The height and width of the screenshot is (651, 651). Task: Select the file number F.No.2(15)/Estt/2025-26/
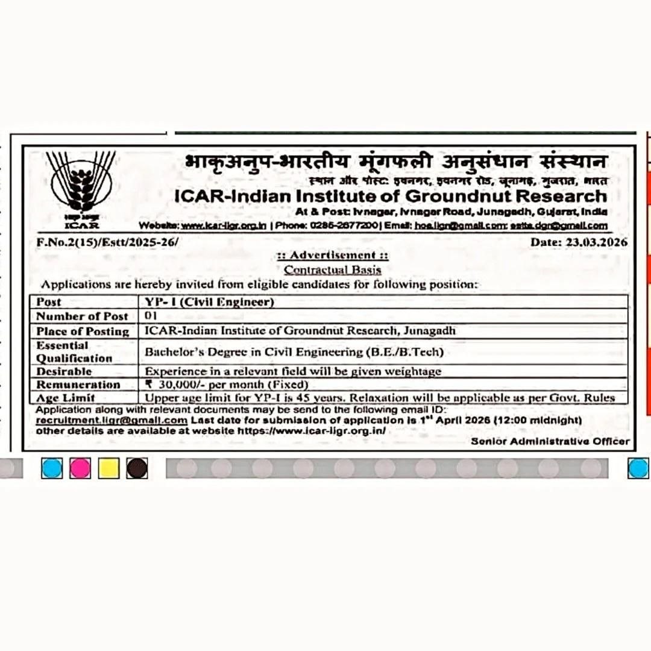pyautogui.click(x=107, y=242)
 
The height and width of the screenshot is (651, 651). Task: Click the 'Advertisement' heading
pyautogui.click(x=333, y=255)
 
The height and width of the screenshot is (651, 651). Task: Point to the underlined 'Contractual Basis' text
pyautogui.click(x=333, y=269)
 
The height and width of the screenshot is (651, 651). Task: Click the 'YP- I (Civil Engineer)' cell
pyautogui.click(x=209, y=302)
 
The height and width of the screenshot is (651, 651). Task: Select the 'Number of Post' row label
pyautogui.click(x=83, y=316)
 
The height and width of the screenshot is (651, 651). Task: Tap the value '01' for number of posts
pyautogui.click(x=151, y=316)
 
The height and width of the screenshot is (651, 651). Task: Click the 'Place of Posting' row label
pyautogui.click(x=83, y=331)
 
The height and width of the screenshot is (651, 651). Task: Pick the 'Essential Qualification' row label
pyautogui.click(x=74, y=351)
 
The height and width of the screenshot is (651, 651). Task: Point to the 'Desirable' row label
pyautogui.click(x=64, y=371)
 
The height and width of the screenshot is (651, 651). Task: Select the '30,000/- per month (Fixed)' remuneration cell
pyautogui.click(x=228, y=385)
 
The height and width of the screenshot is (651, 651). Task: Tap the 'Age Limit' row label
pyautogui.click(x=66, y=398)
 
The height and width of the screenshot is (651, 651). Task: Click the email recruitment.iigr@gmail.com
pyautogui.click(x=112, y=420)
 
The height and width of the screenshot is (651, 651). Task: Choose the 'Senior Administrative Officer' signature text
pyautogui.click(x=550, y=441)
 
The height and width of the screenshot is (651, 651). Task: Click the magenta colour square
pyautogui.click(x=80, y=468)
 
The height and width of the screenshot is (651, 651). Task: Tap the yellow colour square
pyautogui.click(x=108, y=468)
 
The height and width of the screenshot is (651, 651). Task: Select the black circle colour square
pyautogui.click(x=137, y=468)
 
